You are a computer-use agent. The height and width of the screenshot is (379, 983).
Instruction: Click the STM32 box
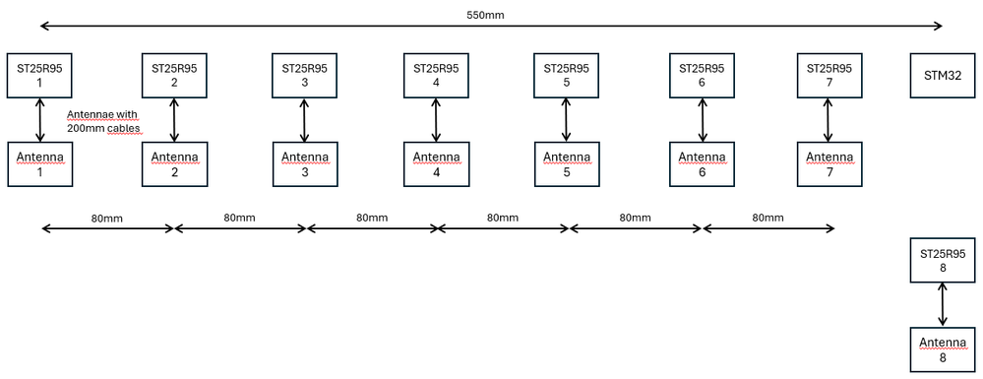point(943,76)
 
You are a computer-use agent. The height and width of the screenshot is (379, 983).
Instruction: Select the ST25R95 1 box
point(38,76)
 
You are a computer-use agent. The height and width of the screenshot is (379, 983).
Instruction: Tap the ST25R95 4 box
point(436,76)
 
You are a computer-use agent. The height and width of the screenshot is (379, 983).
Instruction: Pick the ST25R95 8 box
point(943,260)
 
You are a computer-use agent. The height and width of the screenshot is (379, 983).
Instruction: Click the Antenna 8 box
point(943,349)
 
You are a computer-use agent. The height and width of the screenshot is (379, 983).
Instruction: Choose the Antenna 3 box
point(304,164)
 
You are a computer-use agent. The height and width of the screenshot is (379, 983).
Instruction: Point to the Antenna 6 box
point(702,164)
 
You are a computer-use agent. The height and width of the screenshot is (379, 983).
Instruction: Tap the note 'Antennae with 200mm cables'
point(102,121)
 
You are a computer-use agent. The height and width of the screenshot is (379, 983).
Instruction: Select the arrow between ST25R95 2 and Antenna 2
point(174,120)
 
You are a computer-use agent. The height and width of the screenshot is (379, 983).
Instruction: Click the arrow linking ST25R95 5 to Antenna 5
point(566,120)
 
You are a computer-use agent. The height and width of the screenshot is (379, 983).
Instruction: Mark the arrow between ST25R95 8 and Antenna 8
point(943,305)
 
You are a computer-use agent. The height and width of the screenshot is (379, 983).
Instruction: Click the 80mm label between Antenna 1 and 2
point(105,217)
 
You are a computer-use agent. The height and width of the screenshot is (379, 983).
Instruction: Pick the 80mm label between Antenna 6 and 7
point(768,217)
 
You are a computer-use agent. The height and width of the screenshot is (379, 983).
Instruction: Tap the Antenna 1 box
point(38,164)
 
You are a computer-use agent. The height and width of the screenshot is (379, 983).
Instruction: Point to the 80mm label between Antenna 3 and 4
point(372,217)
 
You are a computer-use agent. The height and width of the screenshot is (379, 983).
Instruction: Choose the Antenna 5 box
point(566,164)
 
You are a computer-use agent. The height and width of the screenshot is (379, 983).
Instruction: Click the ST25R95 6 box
point(702,76)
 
